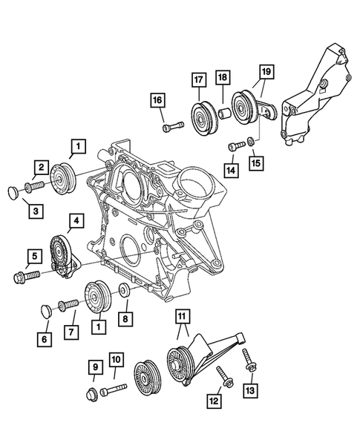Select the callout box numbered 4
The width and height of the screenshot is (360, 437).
(75, 220)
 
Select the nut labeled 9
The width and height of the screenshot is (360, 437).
(94, 390)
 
